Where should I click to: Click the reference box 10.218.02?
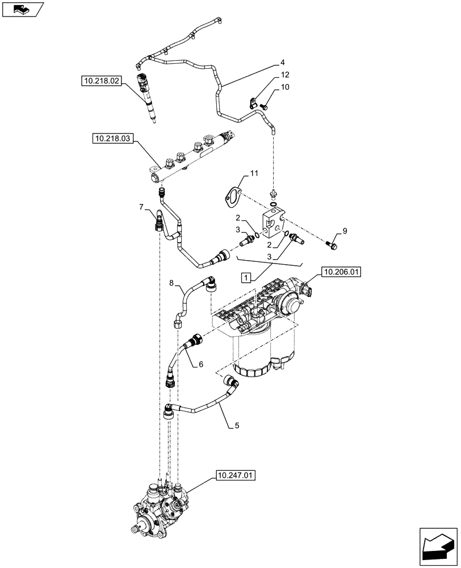(100, 82)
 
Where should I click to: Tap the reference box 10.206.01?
(341, 273)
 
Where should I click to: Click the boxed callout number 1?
(245, 277)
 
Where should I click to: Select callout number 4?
(282, 62)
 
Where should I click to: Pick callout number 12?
(284, 75)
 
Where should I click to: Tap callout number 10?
(284, 87)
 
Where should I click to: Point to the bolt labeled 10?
(264, 105)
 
